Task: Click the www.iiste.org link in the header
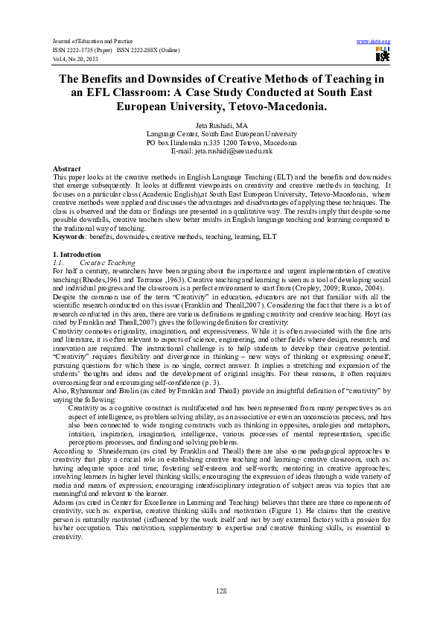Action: [x=374, y=41]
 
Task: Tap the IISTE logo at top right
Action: [x=382, y=54]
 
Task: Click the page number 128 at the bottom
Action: [x=221, y=591]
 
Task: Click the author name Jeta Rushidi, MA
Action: [x=221, y=126]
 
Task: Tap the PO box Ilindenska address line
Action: [x=221, y=142]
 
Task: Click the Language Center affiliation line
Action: [x=221, y=134]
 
